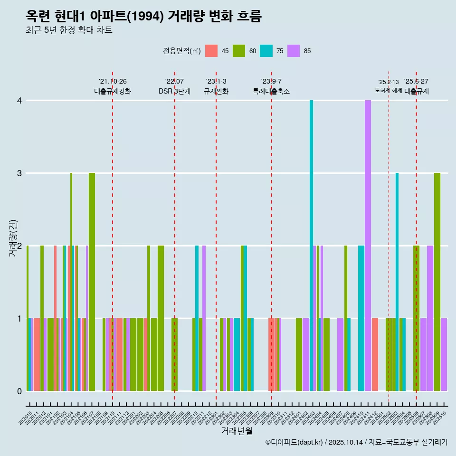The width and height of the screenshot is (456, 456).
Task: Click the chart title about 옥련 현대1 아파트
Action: coord(143,16)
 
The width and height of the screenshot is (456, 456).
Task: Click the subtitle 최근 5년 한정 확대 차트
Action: coord(69,30)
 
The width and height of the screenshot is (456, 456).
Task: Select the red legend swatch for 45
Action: coord(211,51)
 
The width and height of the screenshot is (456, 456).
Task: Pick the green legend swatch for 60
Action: coord(239,51)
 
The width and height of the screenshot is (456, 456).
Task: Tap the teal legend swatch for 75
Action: coord(266,51)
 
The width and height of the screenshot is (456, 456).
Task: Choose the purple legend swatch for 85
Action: coord(294,51)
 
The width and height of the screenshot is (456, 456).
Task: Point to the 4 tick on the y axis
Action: coord(19,101)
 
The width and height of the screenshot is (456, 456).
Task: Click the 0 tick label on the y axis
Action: coord(19,391)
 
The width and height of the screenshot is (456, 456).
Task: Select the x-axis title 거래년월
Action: coord(237,431)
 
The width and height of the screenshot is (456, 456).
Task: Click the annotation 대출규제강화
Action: coord(113,91)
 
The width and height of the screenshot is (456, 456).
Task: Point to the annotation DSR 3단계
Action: coord(174,91)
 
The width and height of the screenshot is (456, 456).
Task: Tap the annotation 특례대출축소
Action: coord(271,91)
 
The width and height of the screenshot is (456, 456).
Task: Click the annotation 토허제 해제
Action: coord(389,90)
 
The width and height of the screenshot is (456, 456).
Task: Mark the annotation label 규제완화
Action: coord(216,91)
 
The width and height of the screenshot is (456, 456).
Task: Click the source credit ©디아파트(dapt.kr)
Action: coord(294,442)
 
